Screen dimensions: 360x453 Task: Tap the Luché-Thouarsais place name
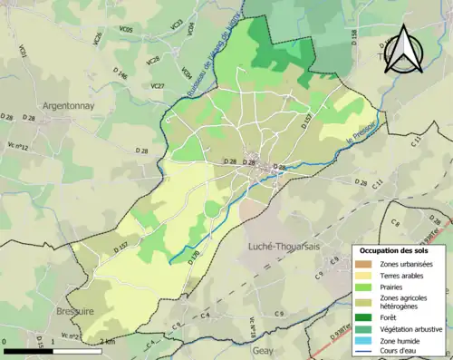[x=284, y=246]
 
